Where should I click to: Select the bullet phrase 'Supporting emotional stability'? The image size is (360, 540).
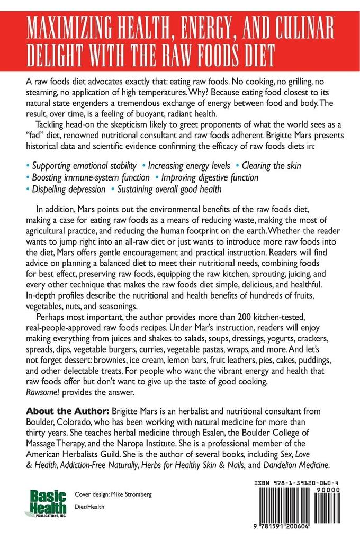pyautogui.click(x=84, y=166)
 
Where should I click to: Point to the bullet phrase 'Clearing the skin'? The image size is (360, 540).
pyautogui.click(x=271, y=166)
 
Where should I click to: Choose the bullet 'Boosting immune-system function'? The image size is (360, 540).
pyautogui.click(x=87, y=178)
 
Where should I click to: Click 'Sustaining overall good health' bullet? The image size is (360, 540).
pyautogui.click(x=169, y=190)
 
